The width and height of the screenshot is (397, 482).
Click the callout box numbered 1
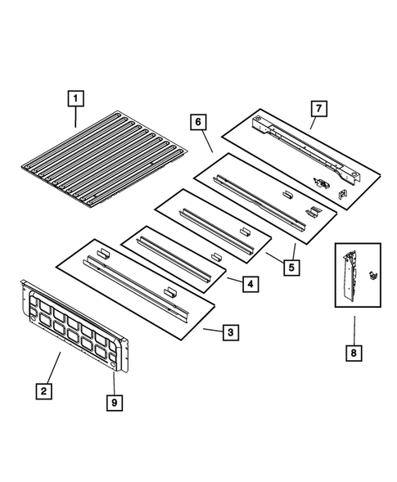tap(74, 99)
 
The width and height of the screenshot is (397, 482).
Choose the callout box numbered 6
tap(198, 121)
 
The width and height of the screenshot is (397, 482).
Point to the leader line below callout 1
tap(75, 118)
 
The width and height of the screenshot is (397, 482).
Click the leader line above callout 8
tap(355, 327)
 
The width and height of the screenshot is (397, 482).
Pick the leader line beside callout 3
tap(212, 331)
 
